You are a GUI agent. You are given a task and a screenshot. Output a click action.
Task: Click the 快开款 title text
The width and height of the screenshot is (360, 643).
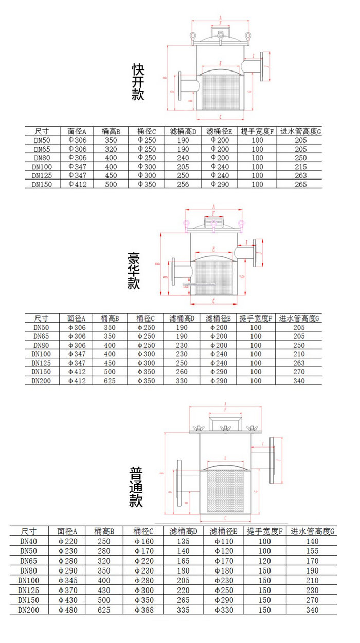[138, 82]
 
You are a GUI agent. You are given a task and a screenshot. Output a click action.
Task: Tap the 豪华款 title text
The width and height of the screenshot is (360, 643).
[134, 271]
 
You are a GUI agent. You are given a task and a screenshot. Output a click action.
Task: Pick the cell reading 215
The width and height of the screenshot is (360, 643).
[301, 167]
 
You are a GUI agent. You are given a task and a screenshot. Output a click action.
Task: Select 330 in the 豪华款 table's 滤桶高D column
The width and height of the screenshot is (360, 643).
[182, 381]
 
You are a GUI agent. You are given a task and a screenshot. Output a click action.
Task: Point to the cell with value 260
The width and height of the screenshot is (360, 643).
[182, 372]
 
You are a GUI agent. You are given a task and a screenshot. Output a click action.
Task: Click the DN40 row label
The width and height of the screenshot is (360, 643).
[29, 541]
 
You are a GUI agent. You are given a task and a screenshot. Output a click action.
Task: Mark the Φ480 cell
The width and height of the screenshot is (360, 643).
[68, 610]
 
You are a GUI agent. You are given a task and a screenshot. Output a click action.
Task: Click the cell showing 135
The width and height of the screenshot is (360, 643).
[184, 541]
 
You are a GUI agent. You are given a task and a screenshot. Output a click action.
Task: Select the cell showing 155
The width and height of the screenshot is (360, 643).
[312, 550]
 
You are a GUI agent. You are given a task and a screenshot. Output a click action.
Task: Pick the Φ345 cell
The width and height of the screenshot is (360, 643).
[68, 580]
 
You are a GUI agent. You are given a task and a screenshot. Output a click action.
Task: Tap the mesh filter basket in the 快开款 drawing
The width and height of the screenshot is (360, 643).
[220, 92]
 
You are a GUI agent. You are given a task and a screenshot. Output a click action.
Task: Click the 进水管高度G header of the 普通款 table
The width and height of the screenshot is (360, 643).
[312, 531]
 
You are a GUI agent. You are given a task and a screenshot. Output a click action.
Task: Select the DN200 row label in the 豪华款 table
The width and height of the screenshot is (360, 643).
[41, 381]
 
